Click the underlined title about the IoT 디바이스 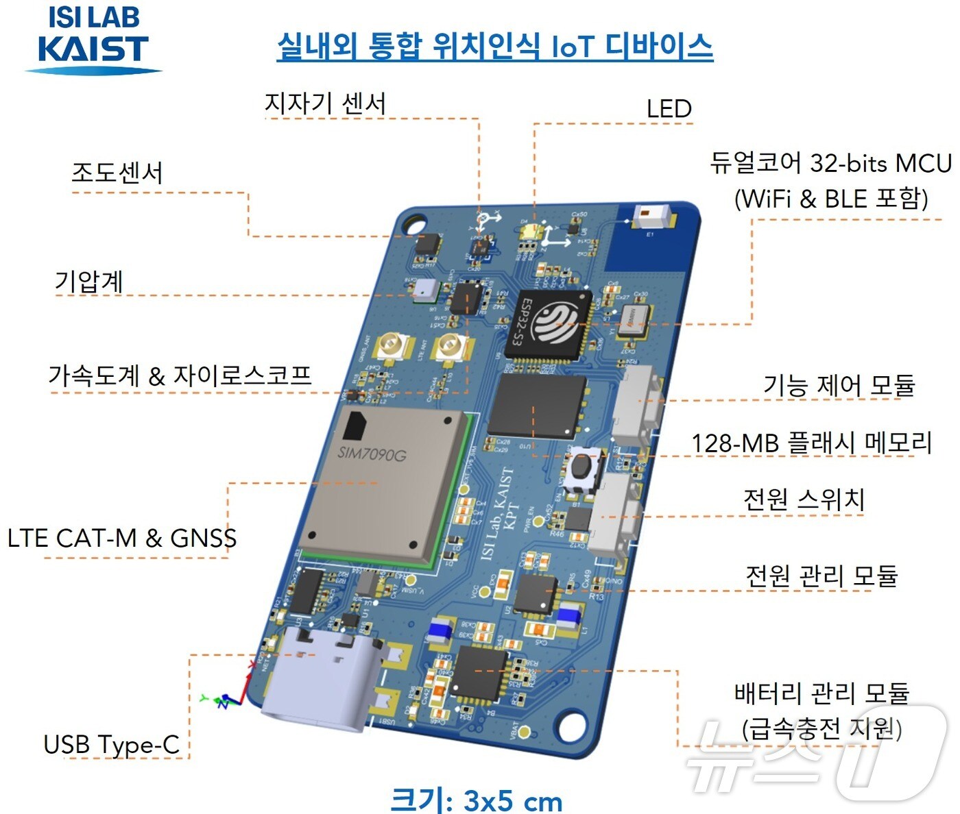coord(494,47)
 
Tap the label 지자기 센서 coord(325,103)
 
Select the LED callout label coord(669,108)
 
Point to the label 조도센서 coord(117,172)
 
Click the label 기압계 coord(88,281)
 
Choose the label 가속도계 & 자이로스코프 coord(180,375)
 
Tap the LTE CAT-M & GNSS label coord(122,538)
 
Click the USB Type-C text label coord(111,744)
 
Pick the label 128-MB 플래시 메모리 coord(811,443)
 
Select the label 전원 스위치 coord(804,499)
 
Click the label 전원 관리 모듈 coord(821,576)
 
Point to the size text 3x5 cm coord(477,800)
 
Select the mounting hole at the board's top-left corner coord(414,223)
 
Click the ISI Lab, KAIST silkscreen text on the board coord(499,513)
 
